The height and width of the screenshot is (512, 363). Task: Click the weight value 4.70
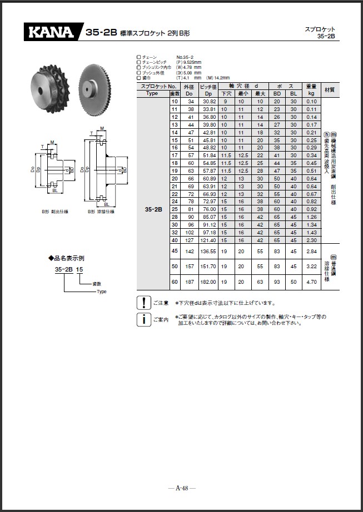[311, 282]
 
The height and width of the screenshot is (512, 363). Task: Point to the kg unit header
[311, 93]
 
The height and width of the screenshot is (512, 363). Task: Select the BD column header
[277, 93]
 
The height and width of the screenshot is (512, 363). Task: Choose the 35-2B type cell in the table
[153, 210]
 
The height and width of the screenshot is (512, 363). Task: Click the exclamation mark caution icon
[143, 303]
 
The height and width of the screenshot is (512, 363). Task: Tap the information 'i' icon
[143, 319]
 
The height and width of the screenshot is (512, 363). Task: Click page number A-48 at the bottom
[182, 488]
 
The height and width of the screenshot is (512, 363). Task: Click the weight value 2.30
[311, 240]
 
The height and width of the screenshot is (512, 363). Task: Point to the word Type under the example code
[101, 291]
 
